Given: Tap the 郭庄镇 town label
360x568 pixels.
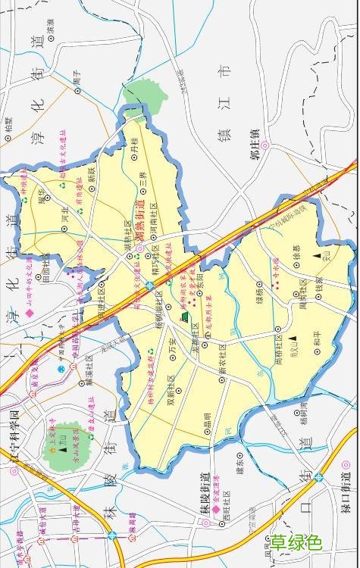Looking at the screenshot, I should pos(256,144).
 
